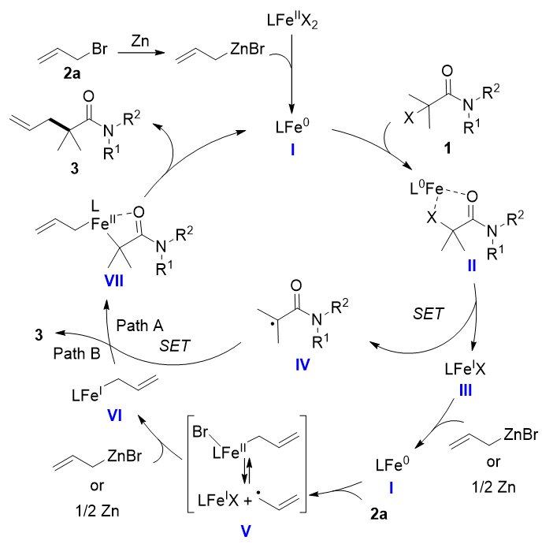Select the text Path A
[x=141, y=324]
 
